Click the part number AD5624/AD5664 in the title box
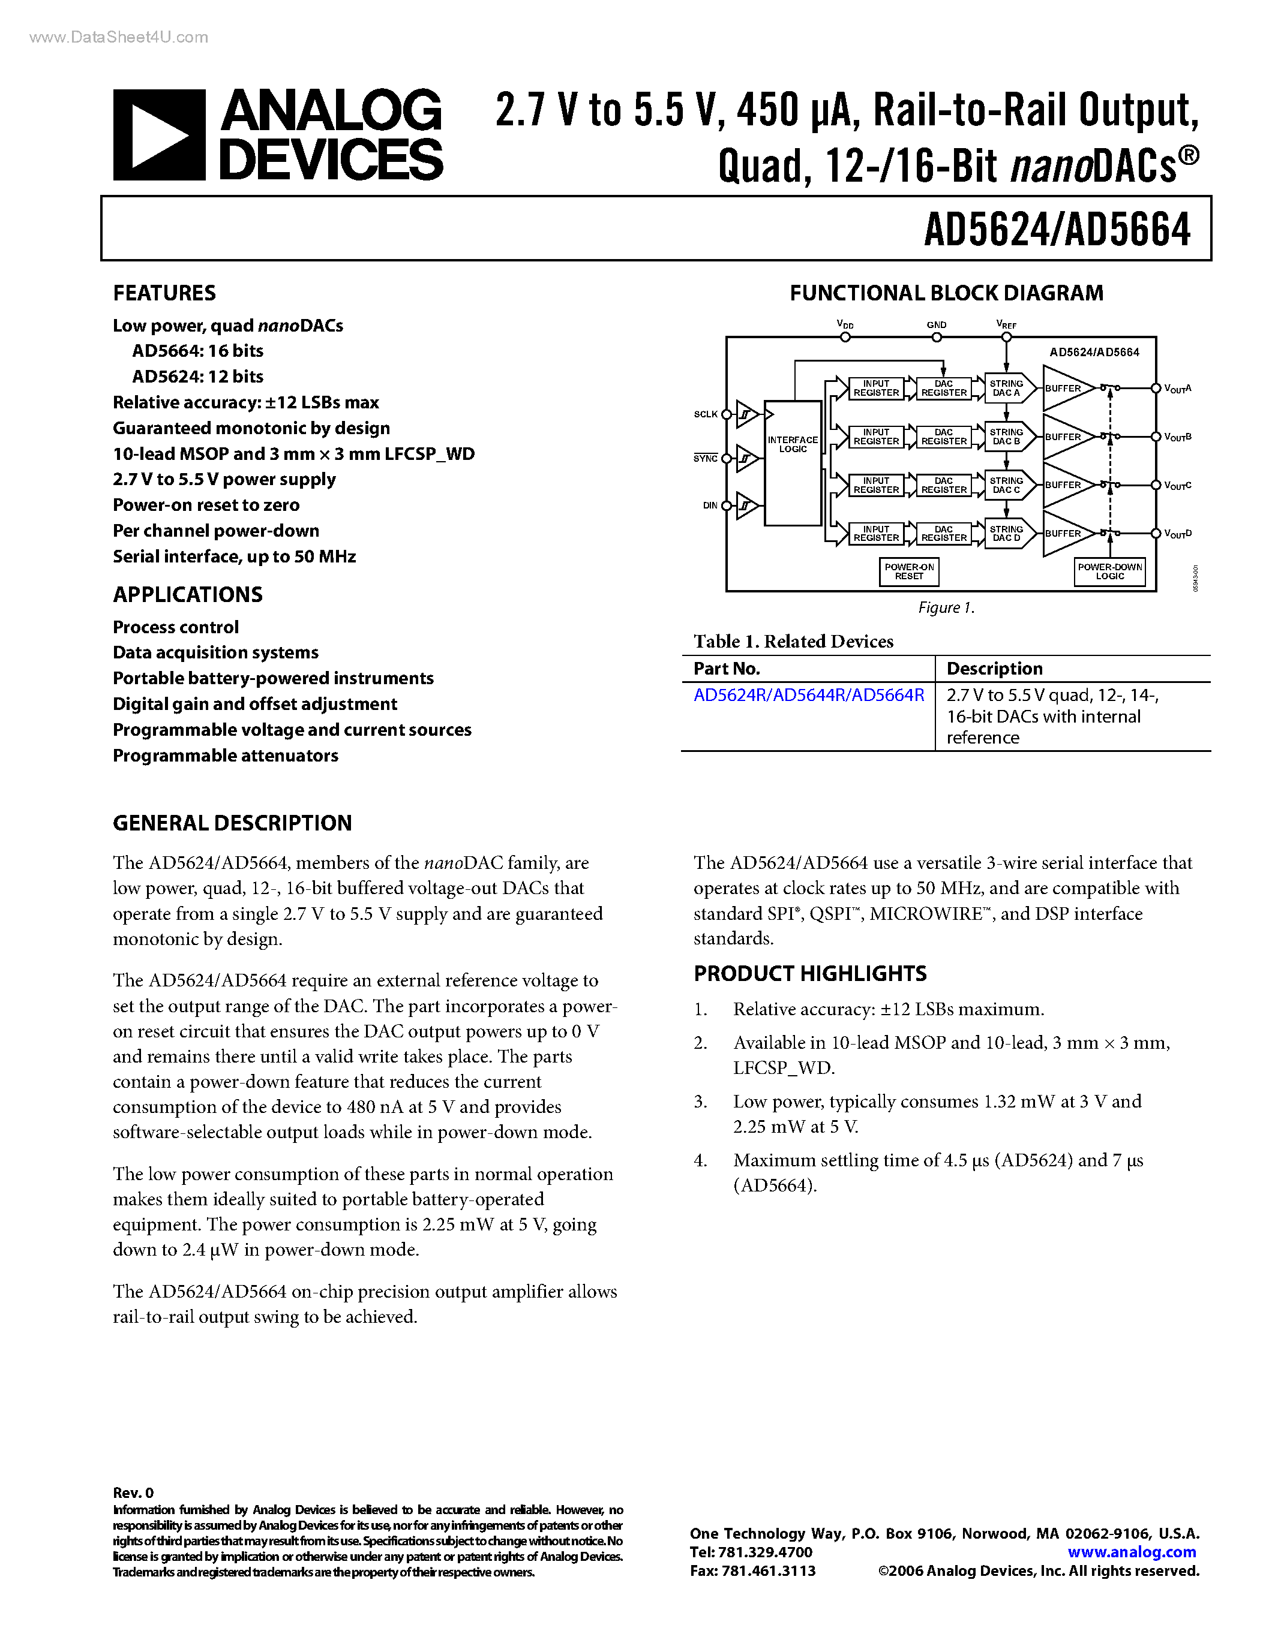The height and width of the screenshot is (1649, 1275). coord(1057,230)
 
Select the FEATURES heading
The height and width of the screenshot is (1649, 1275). coord(164,293)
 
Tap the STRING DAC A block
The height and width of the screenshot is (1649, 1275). coord(1006,388)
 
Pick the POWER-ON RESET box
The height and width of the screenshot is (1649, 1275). coord(908,571)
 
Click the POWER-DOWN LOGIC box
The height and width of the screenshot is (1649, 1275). coord(1109,571)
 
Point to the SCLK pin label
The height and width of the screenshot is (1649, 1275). coord(706,414)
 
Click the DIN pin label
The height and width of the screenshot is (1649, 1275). coord(710,505)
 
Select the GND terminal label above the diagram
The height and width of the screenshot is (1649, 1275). coord(937,324)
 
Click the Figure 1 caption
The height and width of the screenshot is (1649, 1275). coord(946,608)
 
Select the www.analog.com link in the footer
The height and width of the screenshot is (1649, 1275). coord(1131,1552)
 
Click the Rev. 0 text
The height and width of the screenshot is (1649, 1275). coord(133,1492)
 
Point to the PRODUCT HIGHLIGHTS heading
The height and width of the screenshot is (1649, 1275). coord(810,973)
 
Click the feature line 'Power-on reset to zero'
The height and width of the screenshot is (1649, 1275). coord(206,505)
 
